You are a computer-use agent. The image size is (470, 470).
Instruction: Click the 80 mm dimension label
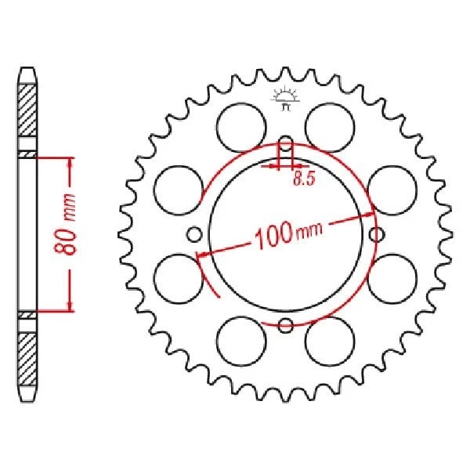click(68, 233)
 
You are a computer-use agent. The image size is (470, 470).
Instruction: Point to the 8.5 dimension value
click(304, 179)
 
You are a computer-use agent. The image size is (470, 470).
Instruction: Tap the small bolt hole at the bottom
click(286, 325)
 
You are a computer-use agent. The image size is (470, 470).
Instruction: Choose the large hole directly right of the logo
click(329, 125)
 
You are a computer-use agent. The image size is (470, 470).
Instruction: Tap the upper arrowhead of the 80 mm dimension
click(70, 162)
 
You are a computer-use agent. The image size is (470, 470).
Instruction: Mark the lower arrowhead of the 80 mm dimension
click(70, 305)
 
